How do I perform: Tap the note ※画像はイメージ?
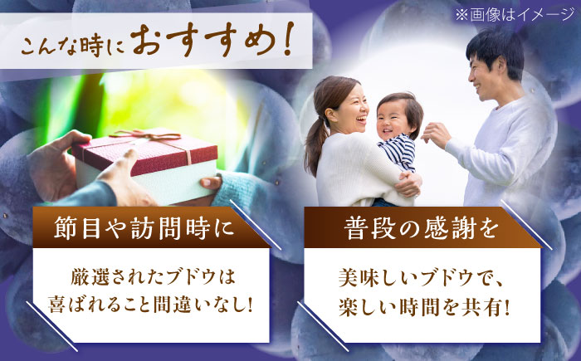click(x=520, y=14)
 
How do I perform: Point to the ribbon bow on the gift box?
click(x=138, y=134)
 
